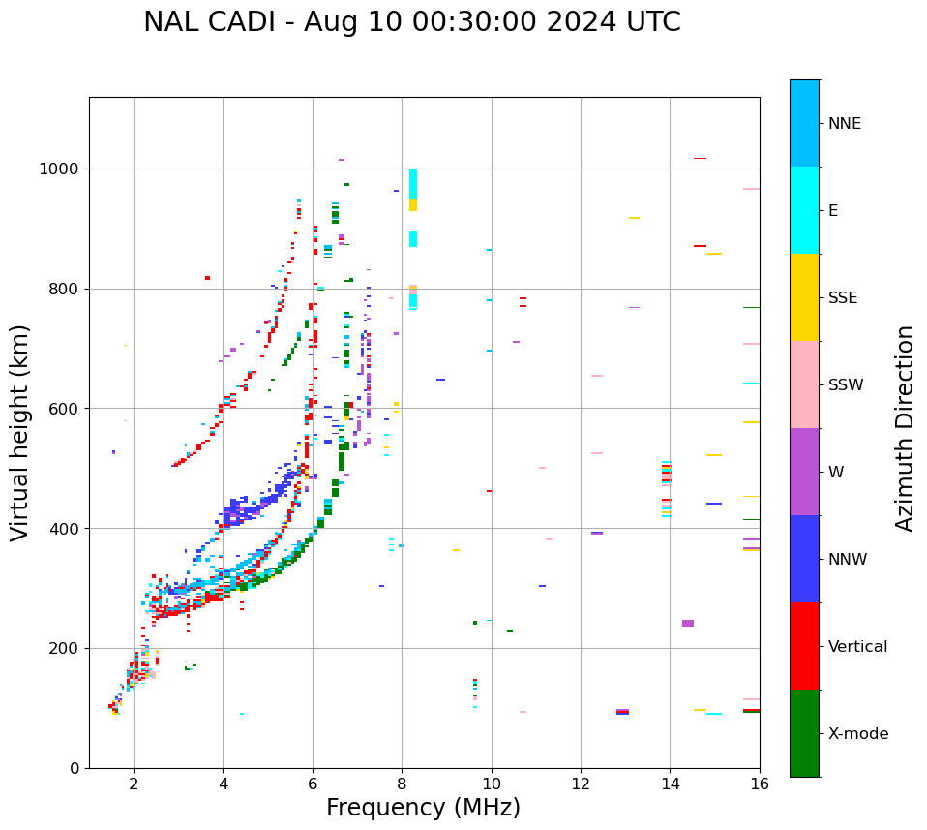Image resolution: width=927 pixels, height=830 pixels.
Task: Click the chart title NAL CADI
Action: point(411,22)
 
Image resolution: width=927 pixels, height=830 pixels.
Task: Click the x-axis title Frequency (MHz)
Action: point(423,808)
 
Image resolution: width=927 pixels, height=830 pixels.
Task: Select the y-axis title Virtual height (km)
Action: point(20,432)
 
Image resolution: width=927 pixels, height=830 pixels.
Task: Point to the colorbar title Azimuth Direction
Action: point(905,428)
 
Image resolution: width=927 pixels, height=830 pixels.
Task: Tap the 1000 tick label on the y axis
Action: point(60,169)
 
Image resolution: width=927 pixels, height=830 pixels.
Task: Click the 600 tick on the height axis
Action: point(65,409)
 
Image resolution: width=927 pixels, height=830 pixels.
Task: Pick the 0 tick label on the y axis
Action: point(75,768)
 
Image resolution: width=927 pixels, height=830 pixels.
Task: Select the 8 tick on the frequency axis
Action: point(402,784)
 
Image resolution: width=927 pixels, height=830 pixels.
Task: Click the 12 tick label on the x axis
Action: point(581,784)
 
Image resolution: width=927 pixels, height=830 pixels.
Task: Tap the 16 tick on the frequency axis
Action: point(759,784)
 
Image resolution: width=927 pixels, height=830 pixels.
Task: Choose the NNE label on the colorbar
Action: point(844,124)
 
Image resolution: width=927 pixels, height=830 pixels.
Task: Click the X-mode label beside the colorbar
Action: point(858,734)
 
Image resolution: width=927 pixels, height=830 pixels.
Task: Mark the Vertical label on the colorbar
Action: point(857,647)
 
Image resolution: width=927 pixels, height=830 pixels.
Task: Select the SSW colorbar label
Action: point(846,385)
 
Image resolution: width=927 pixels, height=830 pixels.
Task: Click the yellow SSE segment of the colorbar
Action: point(804,297)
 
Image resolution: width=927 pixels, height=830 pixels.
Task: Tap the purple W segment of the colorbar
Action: point(804,472)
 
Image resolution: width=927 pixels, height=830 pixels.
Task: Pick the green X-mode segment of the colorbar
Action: point(804,733)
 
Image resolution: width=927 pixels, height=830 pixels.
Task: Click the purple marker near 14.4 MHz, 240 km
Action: point(688,623)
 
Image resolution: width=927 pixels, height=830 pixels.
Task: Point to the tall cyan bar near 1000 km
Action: point(413,184)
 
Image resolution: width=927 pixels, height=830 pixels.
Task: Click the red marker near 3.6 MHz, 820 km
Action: point(207,278)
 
